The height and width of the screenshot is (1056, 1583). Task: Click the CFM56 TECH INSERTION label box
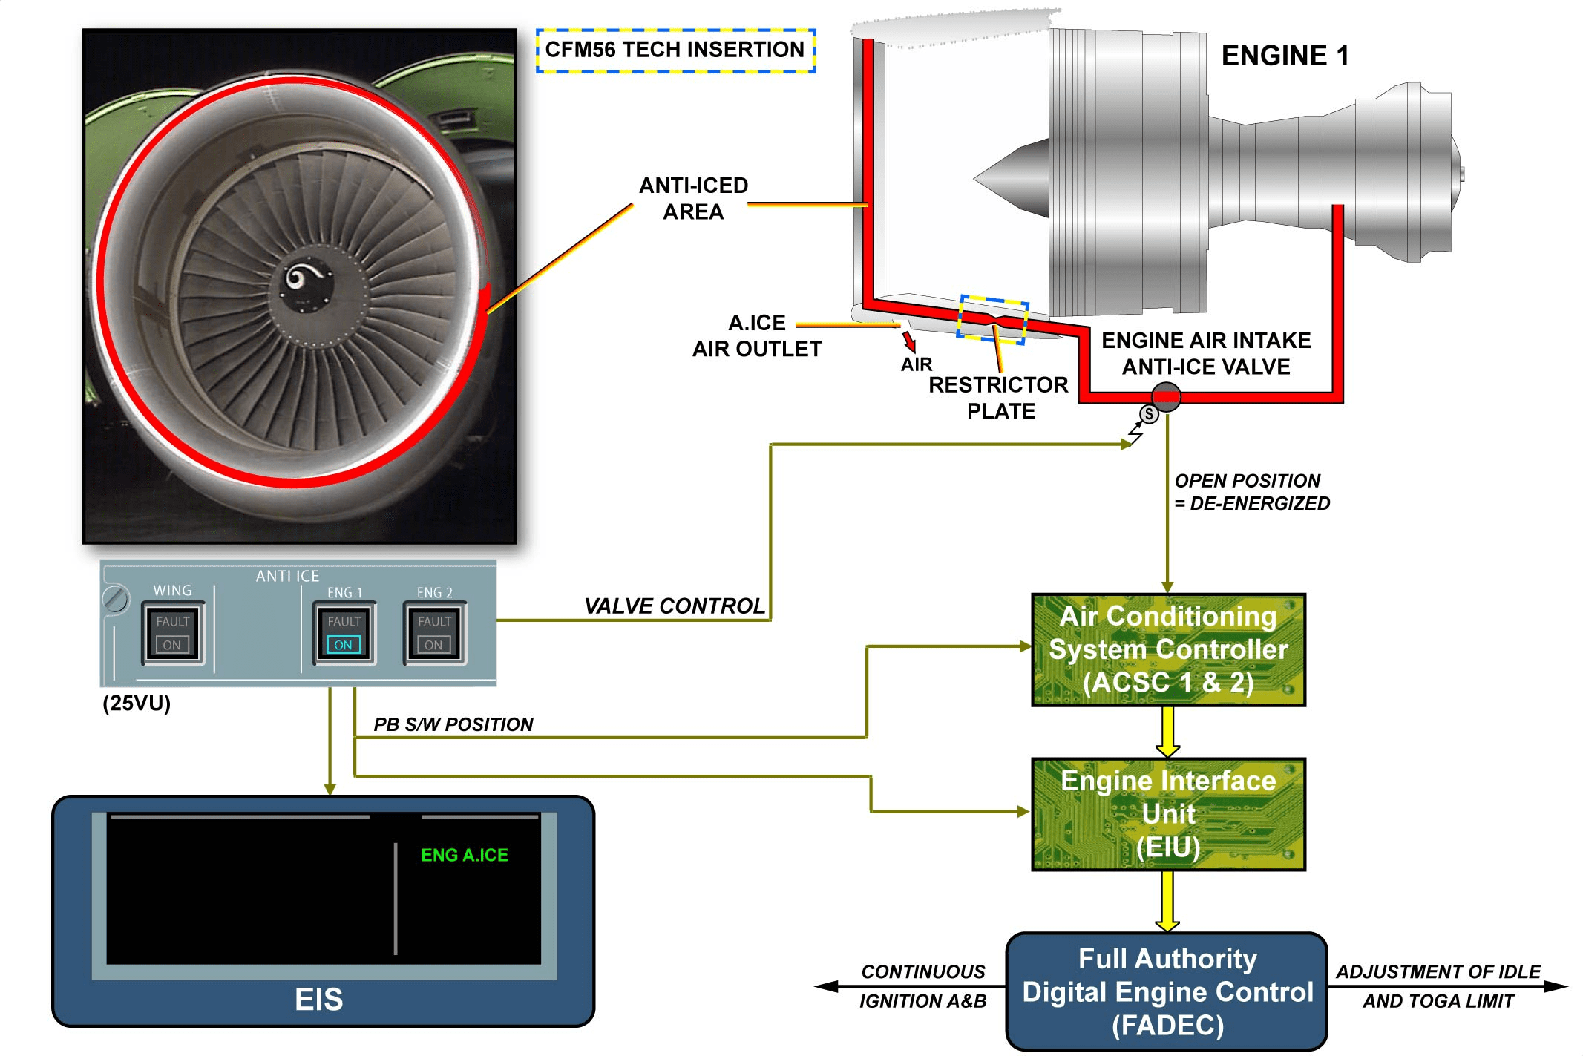[675, 50]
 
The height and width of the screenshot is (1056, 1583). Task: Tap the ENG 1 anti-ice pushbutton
[344, 633]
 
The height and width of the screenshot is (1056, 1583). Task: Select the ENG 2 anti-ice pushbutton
[434, 633]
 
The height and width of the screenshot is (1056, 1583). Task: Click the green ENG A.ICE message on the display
[465, 855]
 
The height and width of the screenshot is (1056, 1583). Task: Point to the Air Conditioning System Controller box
[1167, 649]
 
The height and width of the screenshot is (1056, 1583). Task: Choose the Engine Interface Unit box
[1167, 814]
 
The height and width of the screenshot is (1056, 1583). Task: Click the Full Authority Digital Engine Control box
[1167, 991]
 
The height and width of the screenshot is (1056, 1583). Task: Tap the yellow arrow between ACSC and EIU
[1167, 732]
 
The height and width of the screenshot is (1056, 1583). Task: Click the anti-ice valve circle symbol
[1166, 397]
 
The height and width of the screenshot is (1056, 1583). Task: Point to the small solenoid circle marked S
[1149, 414]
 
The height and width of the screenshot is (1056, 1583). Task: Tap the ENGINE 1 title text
[1285, 56]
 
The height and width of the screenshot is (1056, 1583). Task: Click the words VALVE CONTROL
[674, 606]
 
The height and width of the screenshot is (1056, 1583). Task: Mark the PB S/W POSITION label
[453, 724]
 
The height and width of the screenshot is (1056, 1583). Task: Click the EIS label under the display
[319, 1000]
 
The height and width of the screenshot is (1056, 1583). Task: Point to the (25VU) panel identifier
[137, 703]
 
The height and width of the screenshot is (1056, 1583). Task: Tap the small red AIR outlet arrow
[908, 341]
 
